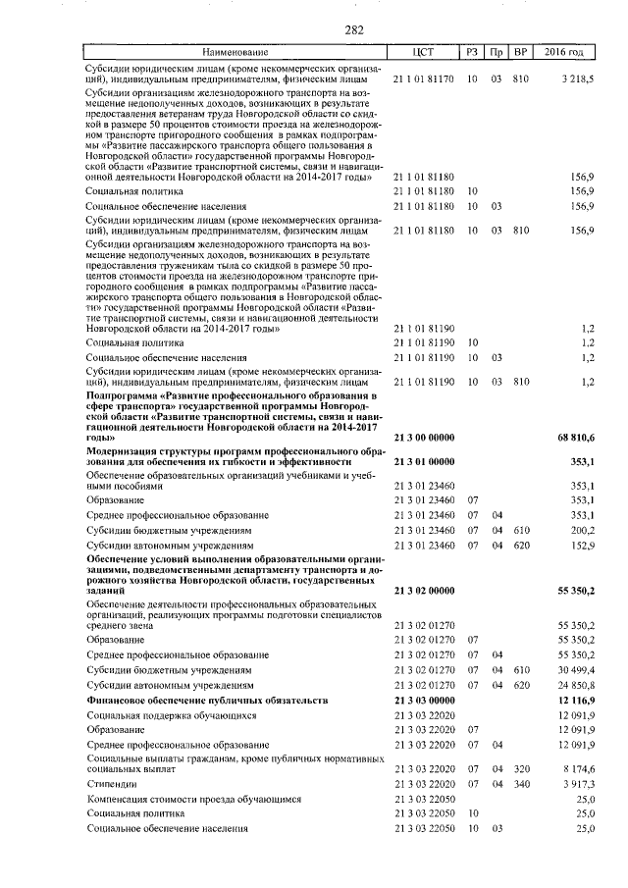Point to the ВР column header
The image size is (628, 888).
520,51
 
